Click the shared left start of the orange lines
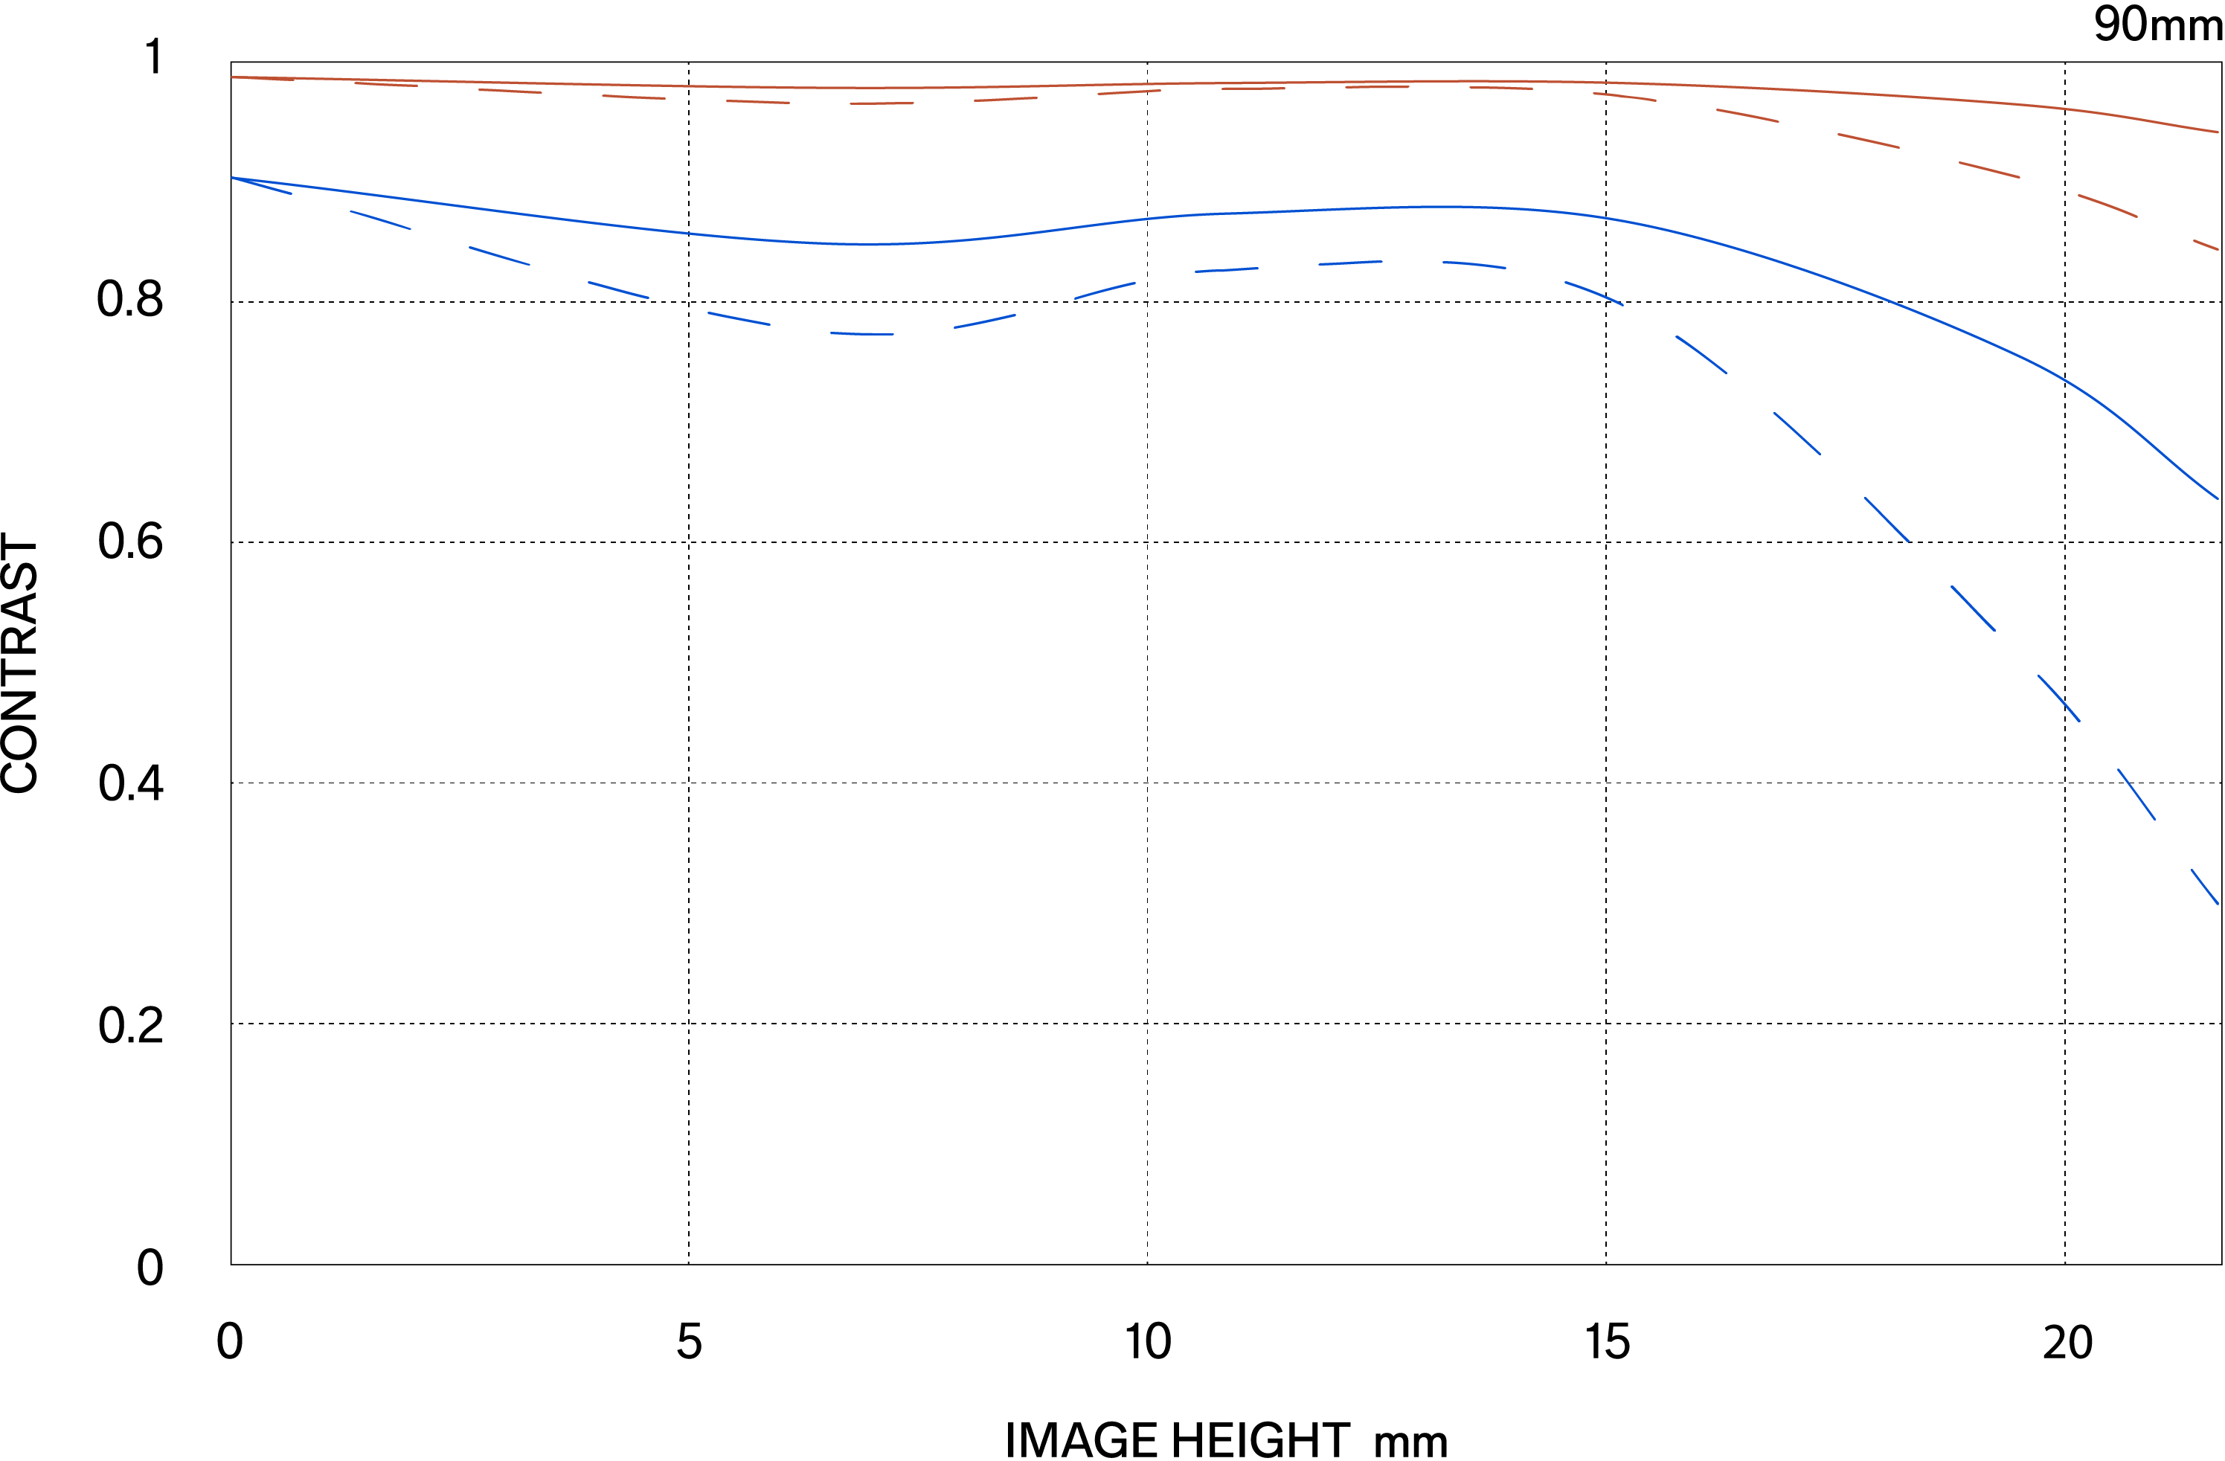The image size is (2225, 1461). tap(232, 77)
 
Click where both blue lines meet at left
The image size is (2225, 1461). tap(232, 178)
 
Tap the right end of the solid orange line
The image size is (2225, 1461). tap(2218, 132)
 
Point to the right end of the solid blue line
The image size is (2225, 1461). tap(2218, 498)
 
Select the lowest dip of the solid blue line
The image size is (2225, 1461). tap(870, 244)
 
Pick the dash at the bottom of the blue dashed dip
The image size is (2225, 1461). tap(862, 334)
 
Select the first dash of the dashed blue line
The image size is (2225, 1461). tap(262, 185)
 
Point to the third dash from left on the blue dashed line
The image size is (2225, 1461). tap(499, 255)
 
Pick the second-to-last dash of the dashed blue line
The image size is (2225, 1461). tap(2136, 794)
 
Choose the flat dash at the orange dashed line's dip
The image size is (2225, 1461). tap(882, 103)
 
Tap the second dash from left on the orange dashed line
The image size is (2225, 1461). tap(386, 84)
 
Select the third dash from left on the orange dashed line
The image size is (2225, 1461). tap(510, 91)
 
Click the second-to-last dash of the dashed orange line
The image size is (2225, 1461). tap(2108, 205)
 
